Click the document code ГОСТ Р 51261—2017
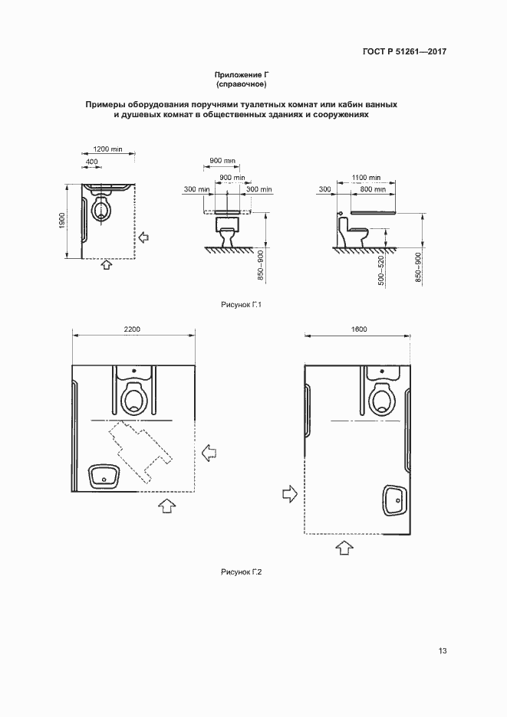[x=404, y=51]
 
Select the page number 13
[x=443, y=650]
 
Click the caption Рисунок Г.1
[x=241, y=305]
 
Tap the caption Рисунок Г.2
[x=241, y=572]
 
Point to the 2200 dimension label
[x=133, y=329]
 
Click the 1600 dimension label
[x=359, y=329]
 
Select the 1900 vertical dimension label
[x=62, y=221]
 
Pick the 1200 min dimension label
[x=107, y=149]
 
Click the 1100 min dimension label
[x=367, y=178]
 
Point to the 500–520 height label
[x=381, y=271]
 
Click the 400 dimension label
[x=91, y=162]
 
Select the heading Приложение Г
[x=241, y=74]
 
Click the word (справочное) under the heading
[x=241, y=84]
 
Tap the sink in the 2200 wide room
[x=104, y=477]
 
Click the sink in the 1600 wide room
[x=395, y=499]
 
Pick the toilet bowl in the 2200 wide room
[x=135, y=397]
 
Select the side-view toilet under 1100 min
[x=354, y=232]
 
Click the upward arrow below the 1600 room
[x=344, y=548]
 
